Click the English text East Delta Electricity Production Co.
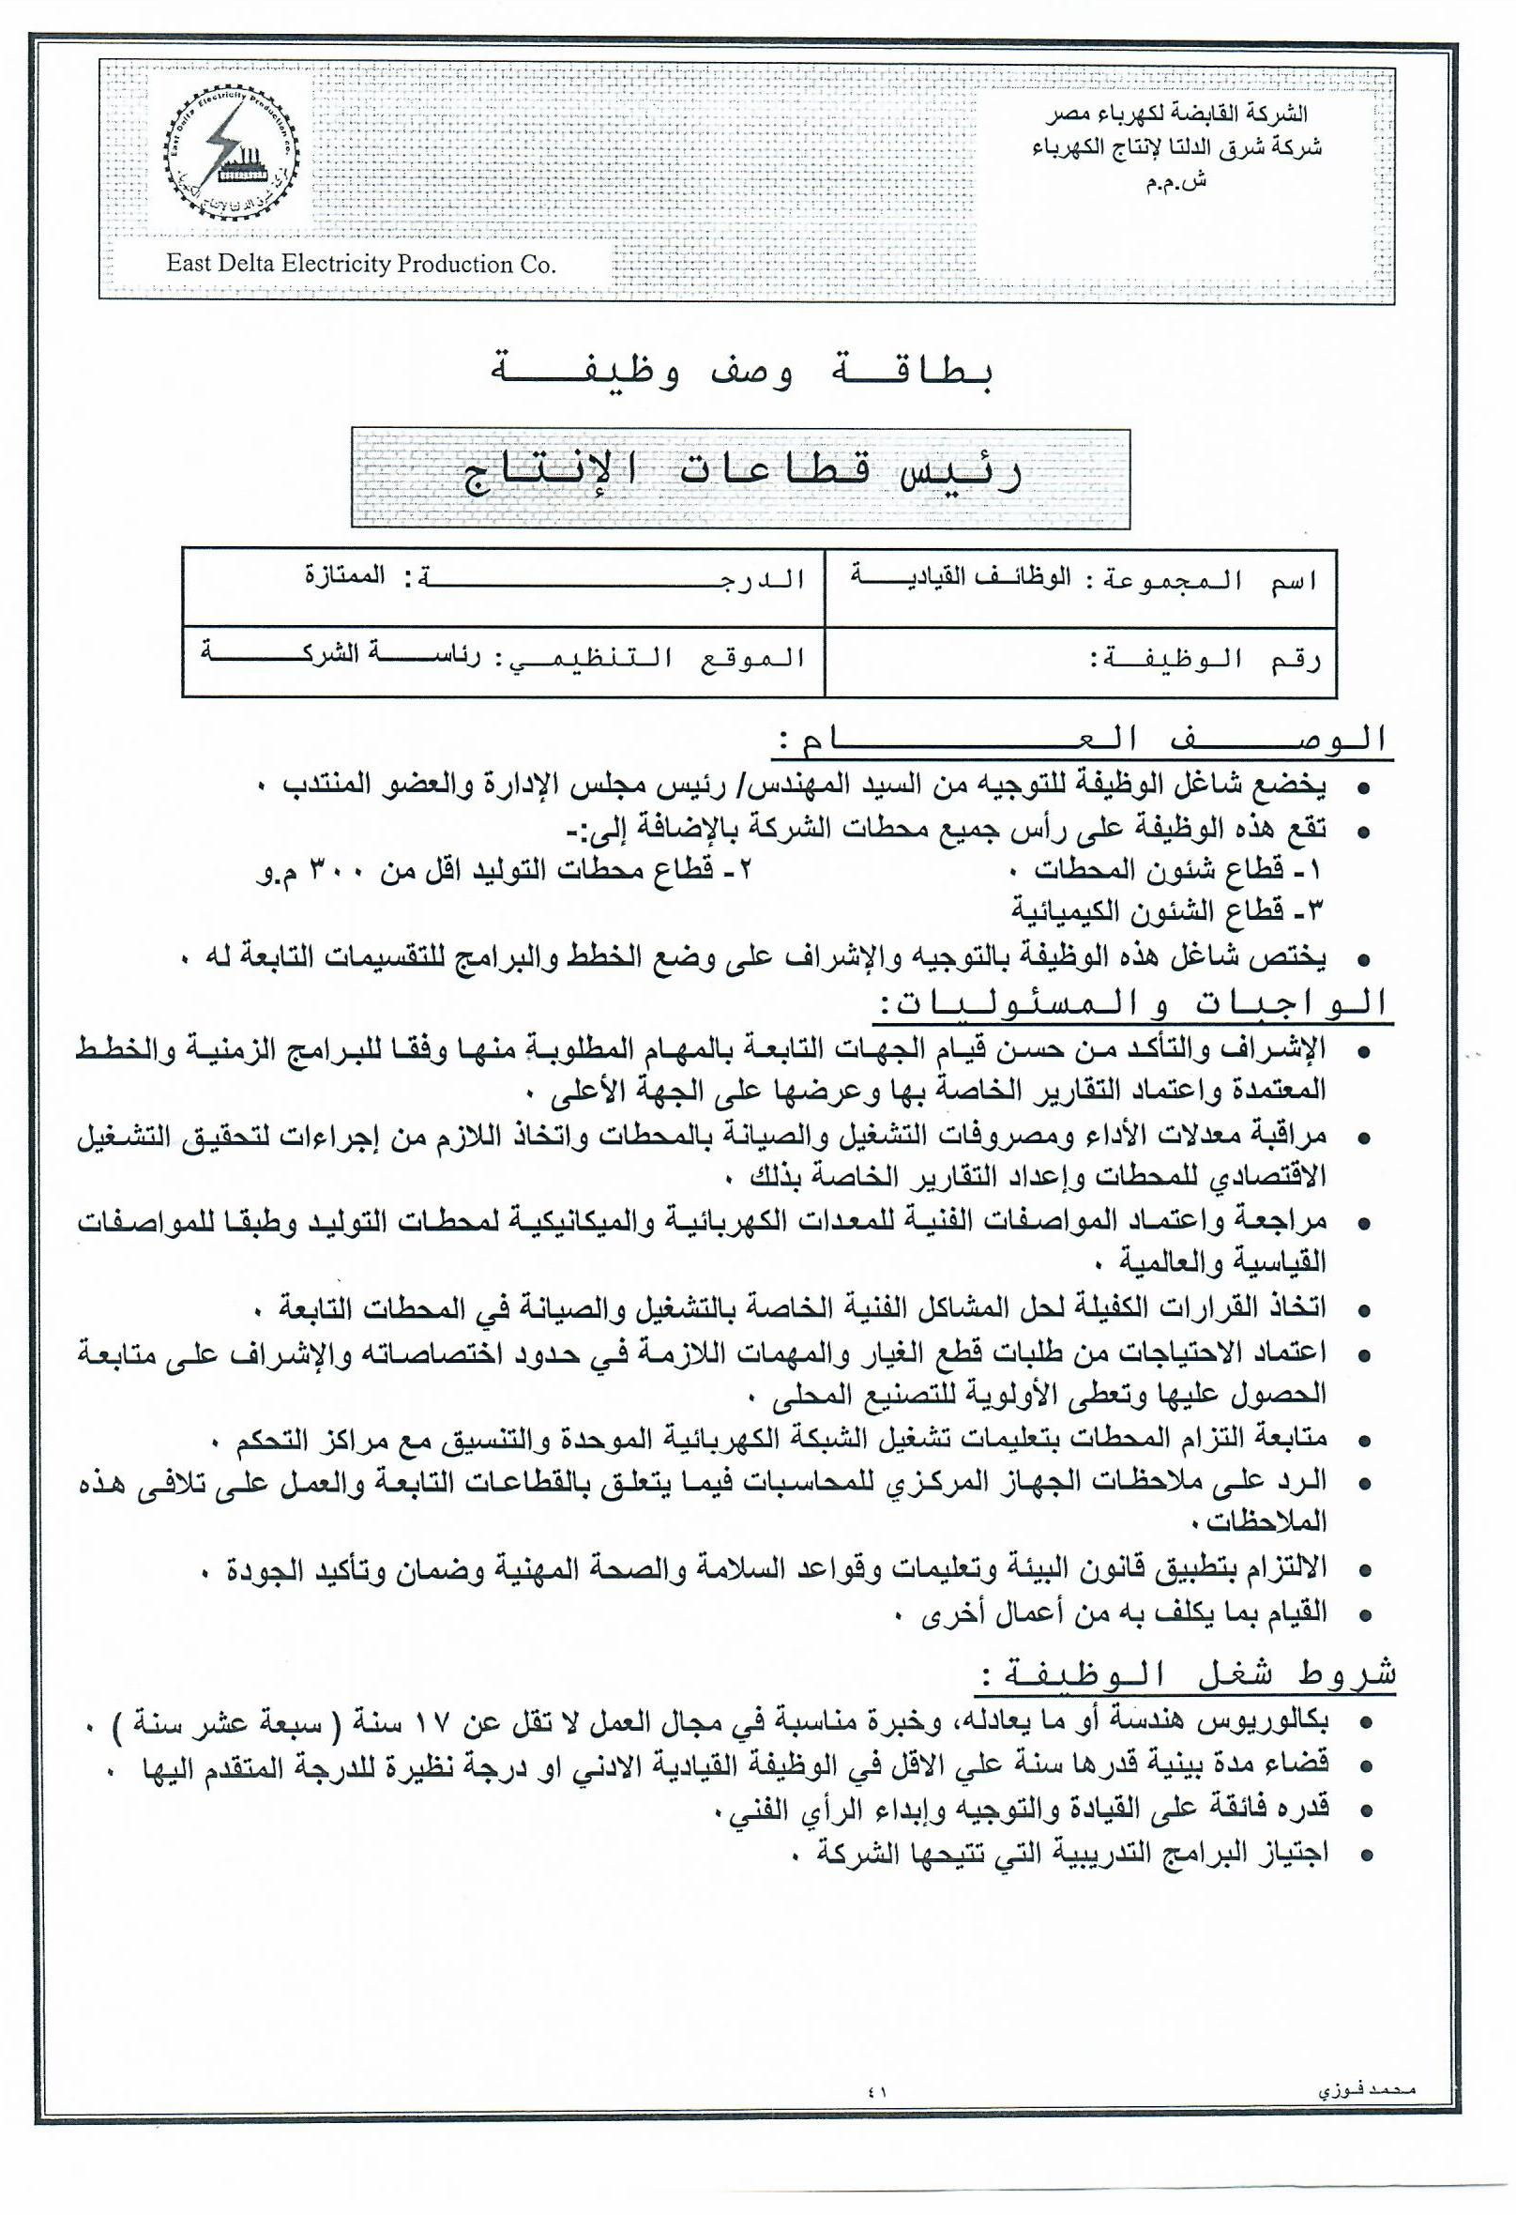360,264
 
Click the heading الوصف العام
1083,739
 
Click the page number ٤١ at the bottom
876,2092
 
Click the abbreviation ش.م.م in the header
1175,181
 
